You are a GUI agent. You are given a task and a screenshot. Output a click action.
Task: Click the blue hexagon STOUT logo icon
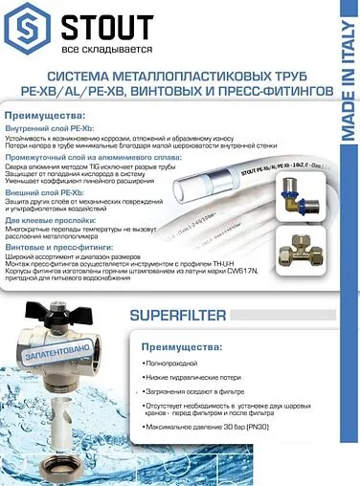27,26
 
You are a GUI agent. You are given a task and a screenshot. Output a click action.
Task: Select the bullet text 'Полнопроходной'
171,364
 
